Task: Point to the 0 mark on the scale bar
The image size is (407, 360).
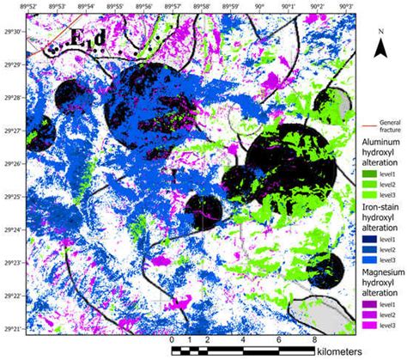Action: point(173,339)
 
